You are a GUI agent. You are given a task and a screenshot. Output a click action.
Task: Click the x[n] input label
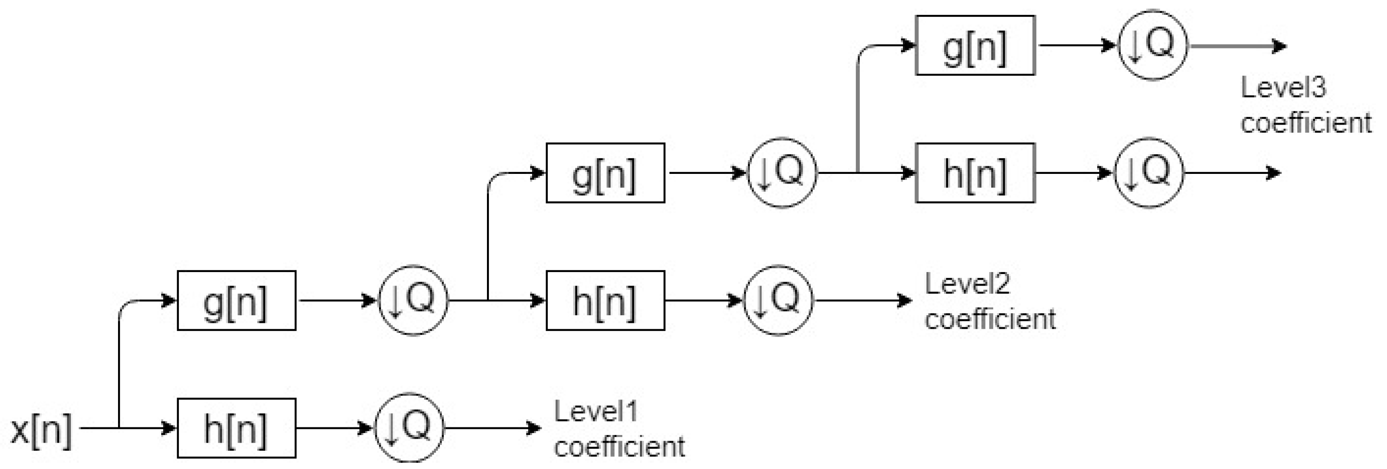pos(41,430)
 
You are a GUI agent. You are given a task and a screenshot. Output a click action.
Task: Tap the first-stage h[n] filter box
pos(237,428)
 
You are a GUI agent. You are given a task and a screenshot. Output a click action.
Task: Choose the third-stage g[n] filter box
pos(975,46)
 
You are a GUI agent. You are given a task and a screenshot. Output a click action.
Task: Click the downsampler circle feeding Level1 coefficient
pos(410,428)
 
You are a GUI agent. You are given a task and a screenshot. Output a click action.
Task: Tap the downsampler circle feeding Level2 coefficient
pos(779,300)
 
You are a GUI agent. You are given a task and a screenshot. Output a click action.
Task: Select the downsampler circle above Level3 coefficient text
pos(1153,45)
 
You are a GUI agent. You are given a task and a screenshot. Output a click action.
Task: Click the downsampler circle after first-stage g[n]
pos(414,300)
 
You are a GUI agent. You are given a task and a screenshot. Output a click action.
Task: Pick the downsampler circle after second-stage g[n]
pos(782,172)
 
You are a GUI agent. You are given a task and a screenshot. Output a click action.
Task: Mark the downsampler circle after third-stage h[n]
pos(1149,172)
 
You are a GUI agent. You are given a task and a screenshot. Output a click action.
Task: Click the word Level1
pos(595,412)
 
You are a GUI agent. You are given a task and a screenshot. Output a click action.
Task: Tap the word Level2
pos(967,284)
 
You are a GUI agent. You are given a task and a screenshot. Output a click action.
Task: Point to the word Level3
pos(1283,87)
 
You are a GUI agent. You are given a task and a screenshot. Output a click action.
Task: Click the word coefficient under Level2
pos(990,319)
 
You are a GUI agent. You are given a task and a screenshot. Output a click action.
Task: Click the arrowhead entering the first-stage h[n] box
pos(171,428)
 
